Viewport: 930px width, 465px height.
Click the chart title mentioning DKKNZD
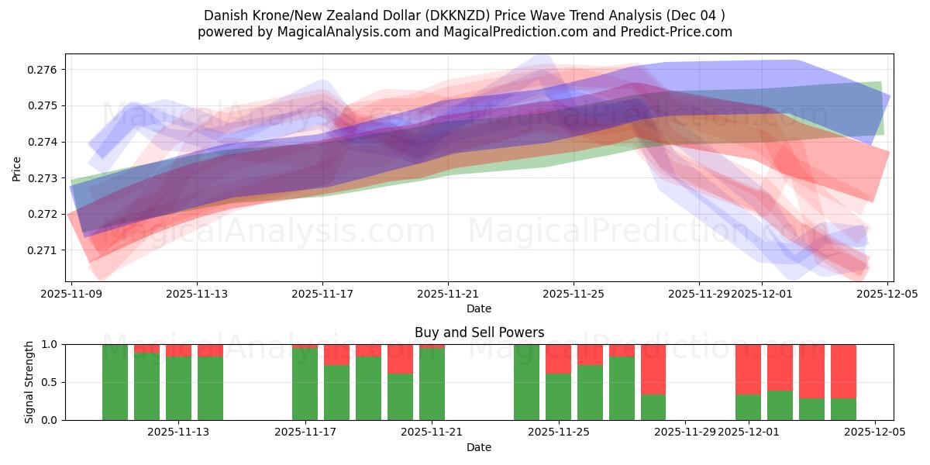464,15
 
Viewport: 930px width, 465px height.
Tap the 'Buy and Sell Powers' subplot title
479,332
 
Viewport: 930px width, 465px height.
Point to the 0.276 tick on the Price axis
46,70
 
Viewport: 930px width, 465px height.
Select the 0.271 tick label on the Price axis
46,250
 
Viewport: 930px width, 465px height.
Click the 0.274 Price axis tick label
46,142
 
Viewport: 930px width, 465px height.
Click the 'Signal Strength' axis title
29,382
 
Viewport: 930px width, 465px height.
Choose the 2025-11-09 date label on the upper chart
72,294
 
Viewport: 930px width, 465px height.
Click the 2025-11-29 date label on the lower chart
685,432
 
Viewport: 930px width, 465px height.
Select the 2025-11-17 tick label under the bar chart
305,432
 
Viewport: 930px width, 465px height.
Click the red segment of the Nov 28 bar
653,369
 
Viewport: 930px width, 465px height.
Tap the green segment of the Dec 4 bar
843,408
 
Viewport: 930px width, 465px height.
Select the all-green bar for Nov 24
526,382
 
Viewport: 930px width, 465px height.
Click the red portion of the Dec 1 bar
748,369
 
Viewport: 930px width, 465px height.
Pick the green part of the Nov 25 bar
558,397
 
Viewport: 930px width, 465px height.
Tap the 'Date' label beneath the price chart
479,308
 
